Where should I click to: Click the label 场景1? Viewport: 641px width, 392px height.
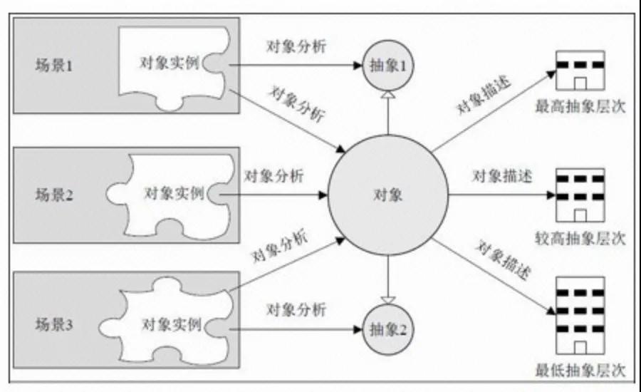(x=53, y=65)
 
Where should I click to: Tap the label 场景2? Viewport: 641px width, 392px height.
(x=53, y=195)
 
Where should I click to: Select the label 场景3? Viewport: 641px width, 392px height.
(x=53, y=324)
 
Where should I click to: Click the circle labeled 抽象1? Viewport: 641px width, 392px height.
(x=388, y=66)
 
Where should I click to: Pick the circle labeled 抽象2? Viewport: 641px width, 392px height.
(x=388, y=329)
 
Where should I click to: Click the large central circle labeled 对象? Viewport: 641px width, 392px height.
(x=388, y=195)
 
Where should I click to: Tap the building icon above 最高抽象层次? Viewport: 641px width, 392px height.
(x=580, y=71)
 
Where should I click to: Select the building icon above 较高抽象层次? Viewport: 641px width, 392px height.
(x=580, y=195)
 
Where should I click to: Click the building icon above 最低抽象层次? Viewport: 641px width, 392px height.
(x=580, y=316)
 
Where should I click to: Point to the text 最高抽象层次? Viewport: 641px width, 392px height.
(x=580, y=106)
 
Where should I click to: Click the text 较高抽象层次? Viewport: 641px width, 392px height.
(x=580, y=238)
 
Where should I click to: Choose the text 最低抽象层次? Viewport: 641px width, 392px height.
(x=580, y=371)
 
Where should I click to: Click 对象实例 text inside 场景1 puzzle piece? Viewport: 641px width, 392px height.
(x=170, y=63)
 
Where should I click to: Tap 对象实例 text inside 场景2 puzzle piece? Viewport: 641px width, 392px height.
(x=174, y=192)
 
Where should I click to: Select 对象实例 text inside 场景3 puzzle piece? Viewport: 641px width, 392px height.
(x=172, y=324)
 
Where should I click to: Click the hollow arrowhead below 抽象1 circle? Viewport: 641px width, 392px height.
(x=388, y=95)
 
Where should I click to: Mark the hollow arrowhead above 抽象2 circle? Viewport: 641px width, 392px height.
(x=388, y=300)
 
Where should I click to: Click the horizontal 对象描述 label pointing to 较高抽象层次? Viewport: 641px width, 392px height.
(x=502, y=176)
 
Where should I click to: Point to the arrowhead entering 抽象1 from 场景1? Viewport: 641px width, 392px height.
(x=358, y=65)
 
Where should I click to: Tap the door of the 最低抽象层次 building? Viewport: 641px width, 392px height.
(x=580, y=347)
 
